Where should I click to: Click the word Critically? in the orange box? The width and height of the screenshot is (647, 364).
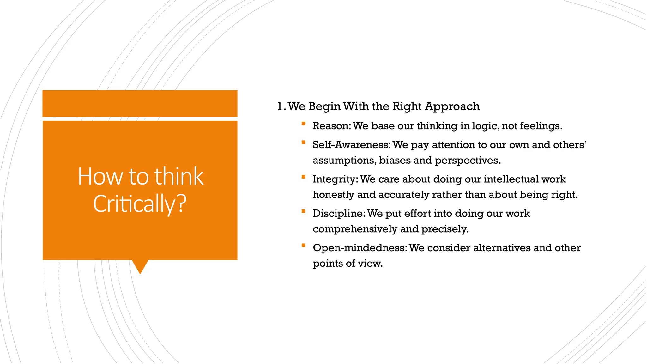point(140,204)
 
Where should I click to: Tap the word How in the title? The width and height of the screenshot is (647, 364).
point(100,176)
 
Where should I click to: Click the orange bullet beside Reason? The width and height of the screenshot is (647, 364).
point(303,124)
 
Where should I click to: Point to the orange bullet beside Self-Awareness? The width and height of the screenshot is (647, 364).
point(303,143)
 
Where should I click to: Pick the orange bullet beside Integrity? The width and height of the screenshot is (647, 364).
point(303,177)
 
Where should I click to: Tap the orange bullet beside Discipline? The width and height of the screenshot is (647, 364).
point(303,211)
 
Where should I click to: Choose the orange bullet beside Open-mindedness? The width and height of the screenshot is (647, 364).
point(303,246)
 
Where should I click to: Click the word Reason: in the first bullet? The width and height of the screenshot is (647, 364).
point(332,126)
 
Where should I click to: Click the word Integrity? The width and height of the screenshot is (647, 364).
point(335,179)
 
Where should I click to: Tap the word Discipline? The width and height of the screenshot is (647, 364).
point(339,214)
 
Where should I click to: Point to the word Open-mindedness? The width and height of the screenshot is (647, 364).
point(360,248)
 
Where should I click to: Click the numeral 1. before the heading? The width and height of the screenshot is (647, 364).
point(281,106)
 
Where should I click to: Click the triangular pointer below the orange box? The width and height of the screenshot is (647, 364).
point(140,266)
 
